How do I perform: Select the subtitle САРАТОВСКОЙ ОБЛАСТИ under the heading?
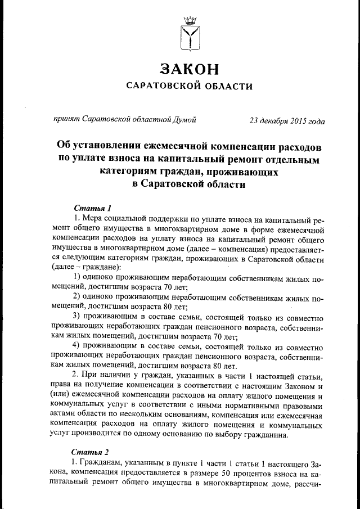188,86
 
